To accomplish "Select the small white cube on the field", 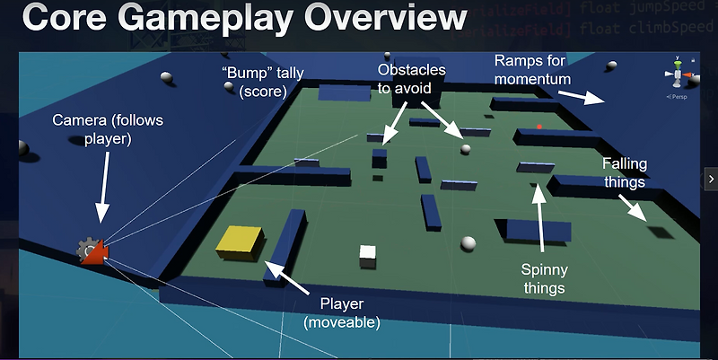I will click(x=367, y=256).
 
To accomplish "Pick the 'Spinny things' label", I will click(x=544, y=278).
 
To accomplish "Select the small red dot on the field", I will click(x=539, y=127).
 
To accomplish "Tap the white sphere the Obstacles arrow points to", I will click(x=466, y=149).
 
